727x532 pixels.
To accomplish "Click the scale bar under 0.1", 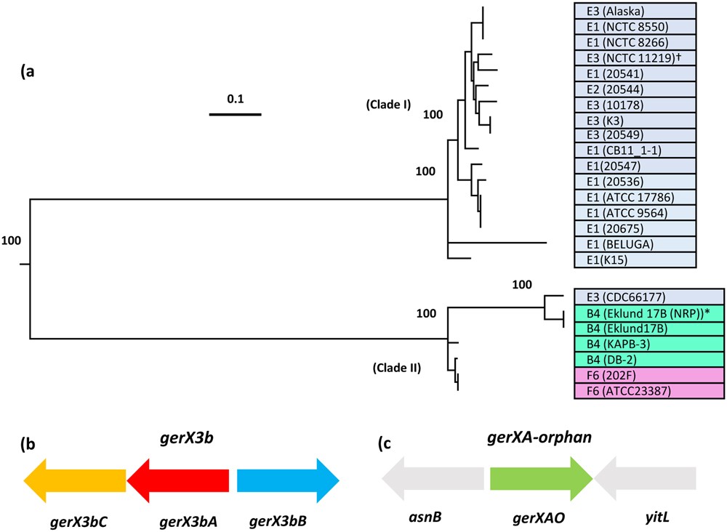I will [x=235, y=114].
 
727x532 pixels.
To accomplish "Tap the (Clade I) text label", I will [x=389, y=105].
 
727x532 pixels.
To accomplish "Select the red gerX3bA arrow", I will [x=178, y=480].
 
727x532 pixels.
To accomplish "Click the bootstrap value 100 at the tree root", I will [x=12, y=240].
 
